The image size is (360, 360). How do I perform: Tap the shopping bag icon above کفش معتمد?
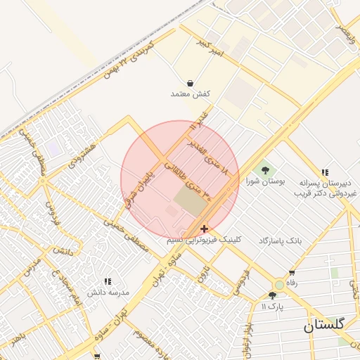coord(191,83)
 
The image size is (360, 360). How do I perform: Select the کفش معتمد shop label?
coord(191,94)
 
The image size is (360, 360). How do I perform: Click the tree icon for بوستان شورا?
coord(264,169)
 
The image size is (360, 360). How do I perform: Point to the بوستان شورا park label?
coord(264,181)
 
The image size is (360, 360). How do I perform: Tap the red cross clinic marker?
coord(204,229)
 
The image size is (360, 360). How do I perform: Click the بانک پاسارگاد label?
coord(279,240)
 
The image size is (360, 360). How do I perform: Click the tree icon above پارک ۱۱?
coord(272,295)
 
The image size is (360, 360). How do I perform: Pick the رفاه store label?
coord(292,283)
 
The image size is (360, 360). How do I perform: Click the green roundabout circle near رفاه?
coord(280,285)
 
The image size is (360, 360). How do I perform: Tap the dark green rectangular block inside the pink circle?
coord(190,200)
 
